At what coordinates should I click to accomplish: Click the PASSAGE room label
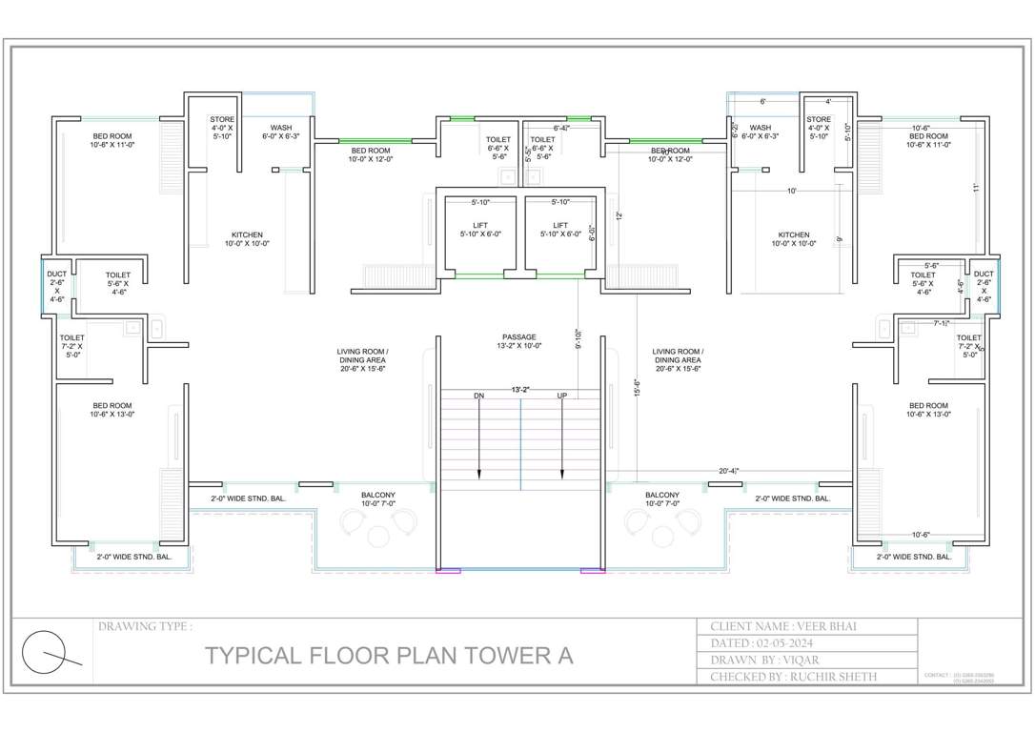pos(519,336)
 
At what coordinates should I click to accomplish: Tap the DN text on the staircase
pos(479,396)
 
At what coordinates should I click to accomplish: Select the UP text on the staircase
pos(562,396)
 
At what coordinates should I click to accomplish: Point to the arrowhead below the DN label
pos(479,477)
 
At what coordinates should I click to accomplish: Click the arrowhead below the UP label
pos(562,477)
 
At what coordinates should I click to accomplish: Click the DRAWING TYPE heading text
pos(145,626)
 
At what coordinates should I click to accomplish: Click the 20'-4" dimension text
pos(729,471)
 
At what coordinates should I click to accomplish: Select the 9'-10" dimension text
pos(578,337)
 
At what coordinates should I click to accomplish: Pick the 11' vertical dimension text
pos(977,188)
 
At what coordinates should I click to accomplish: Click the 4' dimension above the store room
pos(828,101)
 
